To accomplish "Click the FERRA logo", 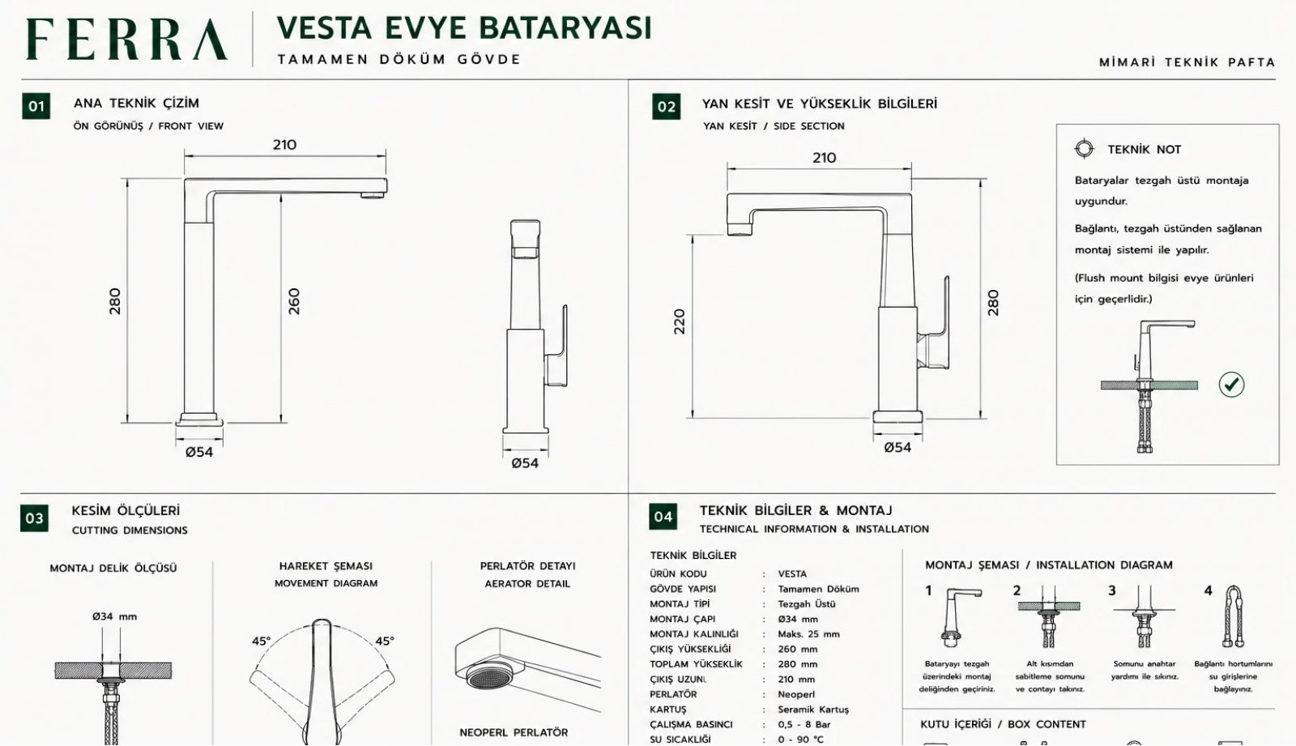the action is [x=126, y=39].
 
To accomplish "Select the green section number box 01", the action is [x=36, y=106].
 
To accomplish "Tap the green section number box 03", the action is [x=34, y=518].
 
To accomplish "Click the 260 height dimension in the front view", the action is [x=294, y=301].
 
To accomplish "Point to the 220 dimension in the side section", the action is [x=680, y=322].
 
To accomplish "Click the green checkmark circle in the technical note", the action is [x=1231, y=384].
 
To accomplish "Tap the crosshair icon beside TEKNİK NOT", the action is [x=1085, y=149].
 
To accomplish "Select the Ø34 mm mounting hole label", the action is [x=114, y=616].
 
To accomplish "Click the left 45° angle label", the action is [x=261, y=641].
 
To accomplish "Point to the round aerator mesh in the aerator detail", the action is [x=489, y=676].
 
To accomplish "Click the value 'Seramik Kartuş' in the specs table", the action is [x=813, y=709].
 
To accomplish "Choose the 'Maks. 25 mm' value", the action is [x=808, y=633].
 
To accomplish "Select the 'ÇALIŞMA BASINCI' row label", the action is [x=691, y=724].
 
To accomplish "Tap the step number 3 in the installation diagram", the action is [x=1111, y=590].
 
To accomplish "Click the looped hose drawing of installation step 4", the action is [x=1233, y=616].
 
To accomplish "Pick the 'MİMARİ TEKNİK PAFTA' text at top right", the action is [x=1187, y=62].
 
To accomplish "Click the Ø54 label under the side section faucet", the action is [x=897, y=447].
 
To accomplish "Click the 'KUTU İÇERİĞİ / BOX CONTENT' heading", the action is [x=1003, y=724].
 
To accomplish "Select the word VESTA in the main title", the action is [x=324, y=28].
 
